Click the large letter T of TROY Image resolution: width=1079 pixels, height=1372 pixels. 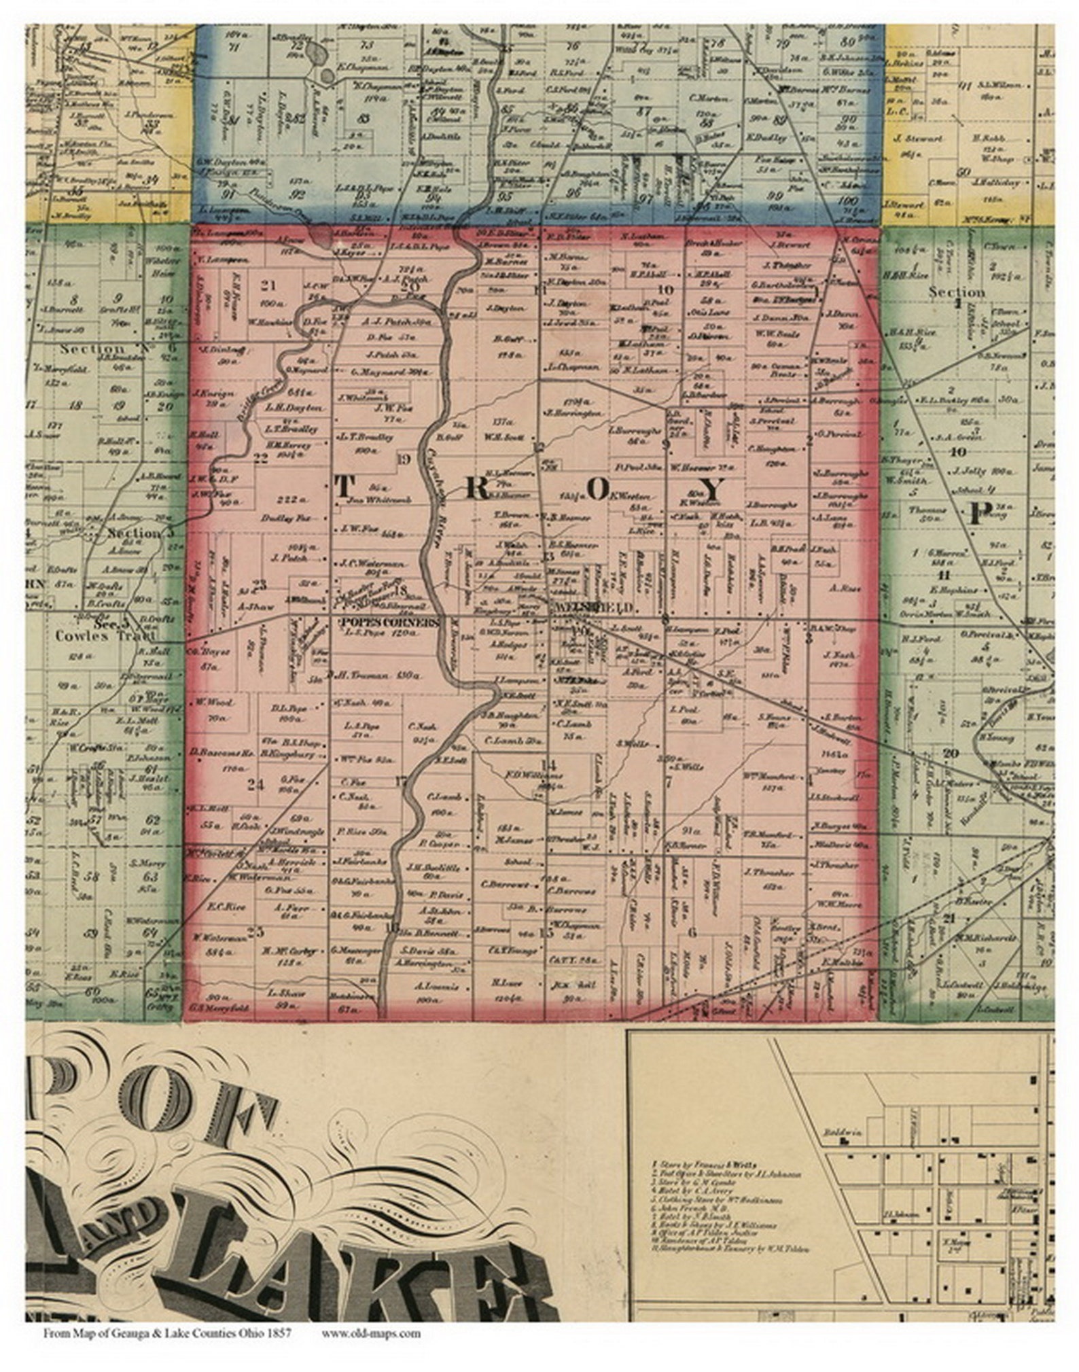click(344, 487)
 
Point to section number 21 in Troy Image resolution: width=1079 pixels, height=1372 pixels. click(270, 286)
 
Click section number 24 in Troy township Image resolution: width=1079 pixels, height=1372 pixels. click(255, 785)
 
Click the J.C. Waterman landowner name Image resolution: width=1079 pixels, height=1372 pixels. click(372, 563)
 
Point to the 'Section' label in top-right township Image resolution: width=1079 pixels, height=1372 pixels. click(957, 292)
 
